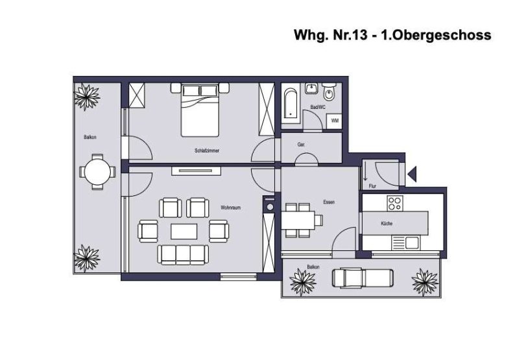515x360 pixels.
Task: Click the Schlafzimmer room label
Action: (x=207, y=150)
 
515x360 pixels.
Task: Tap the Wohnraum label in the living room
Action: (x=230, y=208)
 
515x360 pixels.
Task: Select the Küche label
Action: (x=387, y=223)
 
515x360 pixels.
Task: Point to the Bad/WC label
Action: (x=318, y=107)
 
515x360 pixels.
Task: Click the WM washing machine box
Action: (x=335, y=121)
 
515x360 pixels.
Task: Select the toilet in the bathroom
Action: (x=329, y=91)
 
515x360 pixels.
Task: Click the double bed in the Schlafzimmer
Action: (x=200, y=110)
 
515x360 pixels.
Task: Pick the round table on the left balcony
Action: (x=97, y=172)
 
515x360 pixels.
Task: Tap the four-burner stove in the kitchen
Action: (x=395, y=203)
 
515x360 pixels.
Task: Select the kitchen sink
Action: (x=412, y=243)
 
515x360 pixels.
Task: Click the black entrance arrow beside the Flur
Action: (x=412, y=174)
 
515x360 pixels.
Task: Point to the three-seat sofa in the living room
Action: (x=183, y=254)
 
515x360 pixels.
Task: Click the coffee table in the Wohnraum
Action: (x=184, y=232)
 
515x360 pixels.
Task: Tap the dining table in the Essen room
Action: (x=298, y=220)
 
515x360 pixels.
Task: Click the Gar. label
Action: (x=301, y=144)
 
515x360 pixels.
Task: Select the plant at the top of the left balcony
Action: (x=87, y=97)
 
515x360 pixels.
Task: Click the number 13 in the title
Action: (x=360, y=35)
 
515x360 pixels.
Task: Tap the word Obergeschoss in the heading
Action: (x=442, y=35)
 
